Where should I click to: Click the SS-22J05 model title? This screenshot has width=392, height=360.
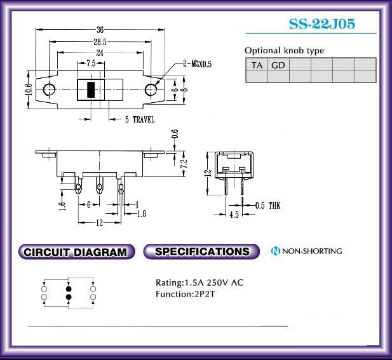(322, 24)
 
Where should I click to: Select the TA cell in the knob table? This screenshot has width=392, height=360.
(257, 65)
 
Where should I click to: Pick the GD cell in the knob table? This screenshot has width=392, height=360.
(278, 65)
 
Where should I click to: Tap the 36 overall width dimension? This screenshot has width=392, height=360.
(100, 30)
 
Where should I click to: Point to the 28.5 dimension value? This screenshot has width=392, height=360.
(100, 42)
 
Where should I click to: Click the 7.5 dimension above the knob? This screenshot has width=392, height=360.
(91, 63)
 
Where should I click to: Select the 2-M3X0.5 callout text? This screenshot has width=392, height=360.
(197, 64)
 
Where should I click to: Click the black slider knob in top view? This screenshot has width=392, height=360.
(91, 90)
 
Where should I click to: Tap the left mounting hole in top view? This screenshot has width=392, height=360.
(50, 90)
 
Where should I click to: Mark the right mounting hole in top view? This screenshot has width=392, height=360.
(151, 90)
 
